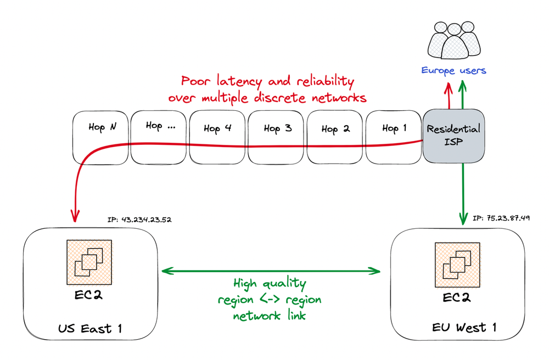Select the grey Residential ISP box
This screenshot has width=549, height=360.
click(x=453, y=136)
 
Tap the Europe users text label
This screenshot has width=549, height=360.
click(x=453, y=70)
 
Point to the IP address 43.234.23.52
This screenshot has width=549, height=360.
click(x=140, y=220)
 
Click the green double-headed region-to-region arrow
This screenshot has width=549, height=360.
click(x=272, y=271)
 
